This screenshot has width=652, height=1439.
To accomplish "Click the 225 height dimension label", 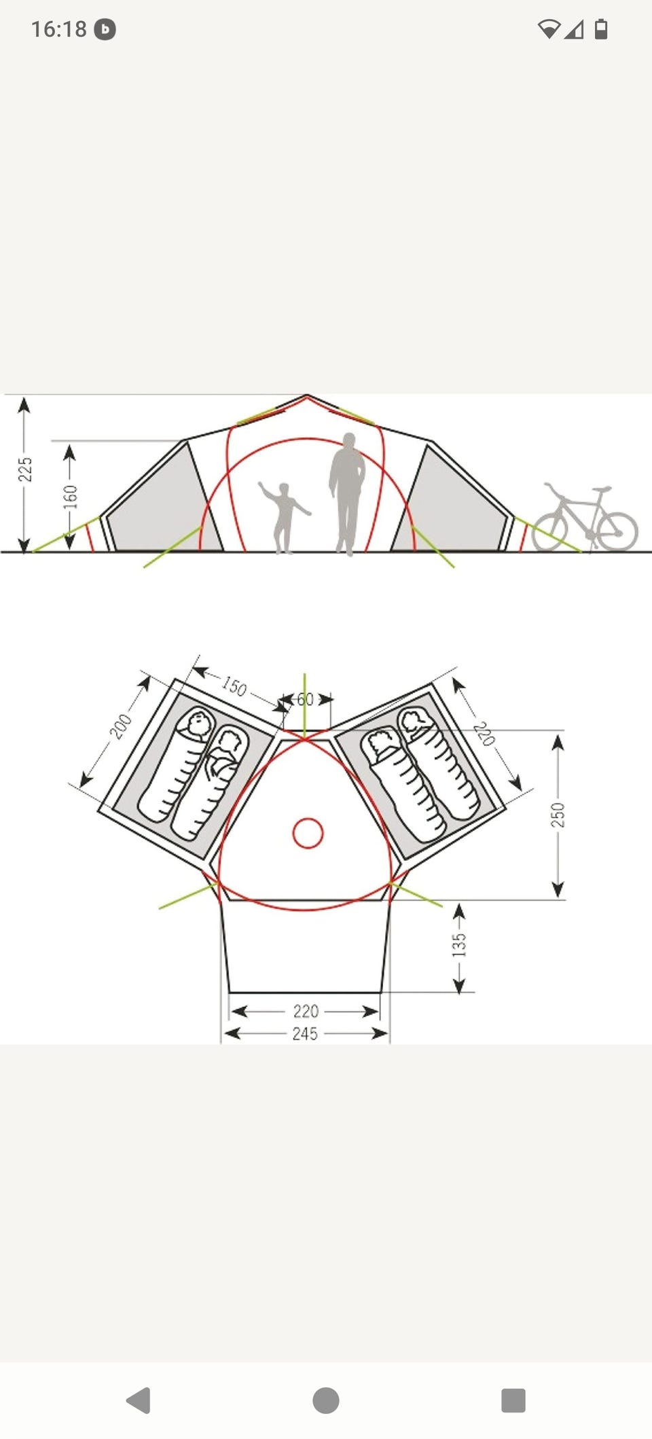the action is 25,469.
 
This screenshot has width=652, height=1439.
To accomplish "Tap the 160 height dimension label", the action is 71,497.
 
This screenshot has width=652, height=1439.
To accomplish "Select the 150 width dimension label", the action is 234,686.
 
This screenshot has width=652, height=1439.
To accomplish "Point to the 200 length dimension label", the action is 121,726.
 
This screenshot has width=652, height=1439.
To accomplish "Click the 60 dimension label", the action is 306,699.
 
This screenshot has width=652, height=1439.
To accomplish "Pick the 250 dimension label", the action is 558,815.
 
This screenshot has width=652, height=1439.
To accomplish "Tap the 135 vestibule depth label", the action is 459,945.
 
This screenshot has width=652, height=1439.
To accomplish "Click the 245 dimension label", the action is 305,1033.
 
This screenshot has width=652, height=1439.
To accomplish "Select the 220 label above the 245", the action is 306,1011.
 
